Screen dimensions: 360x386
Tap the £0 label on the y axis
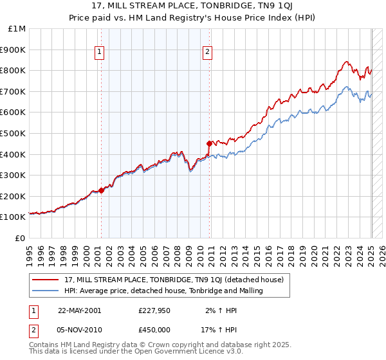click(21, 238)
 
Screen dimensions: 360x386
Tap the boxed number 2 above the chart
click(208, 53)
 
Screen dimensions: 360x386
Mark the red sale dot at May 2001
click(102, 190)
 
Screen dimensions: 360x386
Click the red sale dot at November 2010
click(209, 143)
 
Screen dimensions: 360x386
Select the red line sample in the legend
click(46, 280)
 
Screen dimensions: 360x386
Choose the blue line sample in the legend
click(46, 291)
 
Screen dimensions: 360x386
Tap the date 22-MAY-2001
click(80, 310)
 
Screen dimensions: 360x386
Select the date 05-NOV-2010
click(80, 330)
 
